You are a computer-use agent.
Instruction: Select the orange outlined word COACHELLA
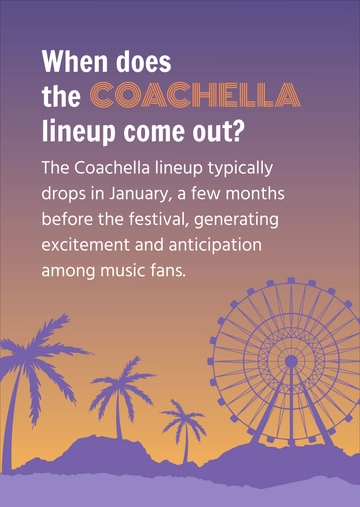(194, 96)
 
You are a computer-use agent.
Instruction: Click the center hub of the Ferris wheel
(290, 360)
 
